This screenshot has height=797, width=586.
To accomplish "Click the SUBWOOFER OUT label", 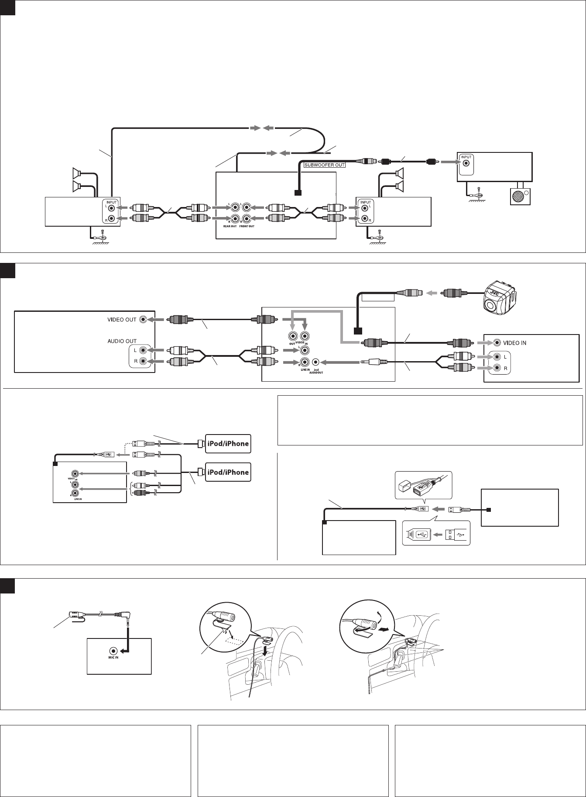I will click(324, 165).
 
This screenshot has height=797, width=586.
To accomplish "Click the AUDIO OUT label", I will click(122, 341).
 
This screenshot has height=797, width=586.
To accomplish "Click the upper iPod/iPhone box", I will click(228, 443).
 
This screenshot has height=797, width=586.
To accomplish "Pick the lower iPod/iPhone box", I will click(228, 472).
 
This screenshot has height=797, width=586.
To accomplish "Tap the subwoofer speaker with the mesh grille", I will click(518, 197).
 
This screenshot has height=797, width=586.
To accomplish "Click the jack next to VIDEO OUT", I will click(143, 319).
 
